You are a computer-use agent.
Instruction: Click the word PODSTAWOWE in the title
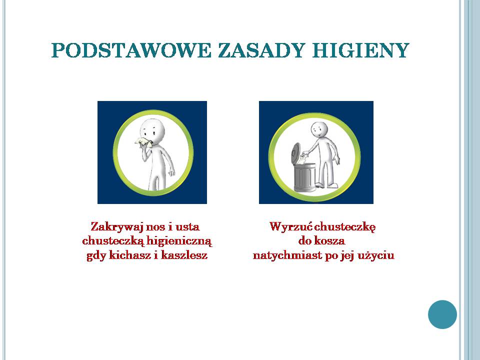click(x=131, y=50)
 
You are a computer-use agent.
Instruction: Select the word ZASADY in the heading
click(x=261, y=50)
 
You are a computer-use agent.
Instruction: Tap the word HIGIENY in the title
click(x=360, y=50)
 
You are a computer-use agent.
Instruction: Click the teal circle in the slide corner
click(x=442, y=314)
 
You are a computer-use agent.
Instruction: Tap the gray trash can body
click(x=304, y=177)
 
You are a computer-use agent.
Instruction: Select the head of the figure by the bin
click(x=319, y=130)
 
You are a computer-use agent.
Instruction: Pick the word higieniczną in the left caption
click(x=179, y=241)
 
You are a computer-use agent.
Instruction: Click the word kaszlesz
click(x=184, y=255)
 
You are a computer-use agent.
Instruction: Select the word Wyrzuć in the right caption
click(x=291, y=227)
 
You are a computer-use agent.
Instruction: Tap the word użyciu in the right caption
click(x=375, y=255)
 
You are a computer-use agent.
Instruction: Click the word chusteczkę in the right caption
click(x=345, y=227)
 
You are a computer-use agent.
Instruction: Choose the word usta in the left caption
click(x=187, y=227)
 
